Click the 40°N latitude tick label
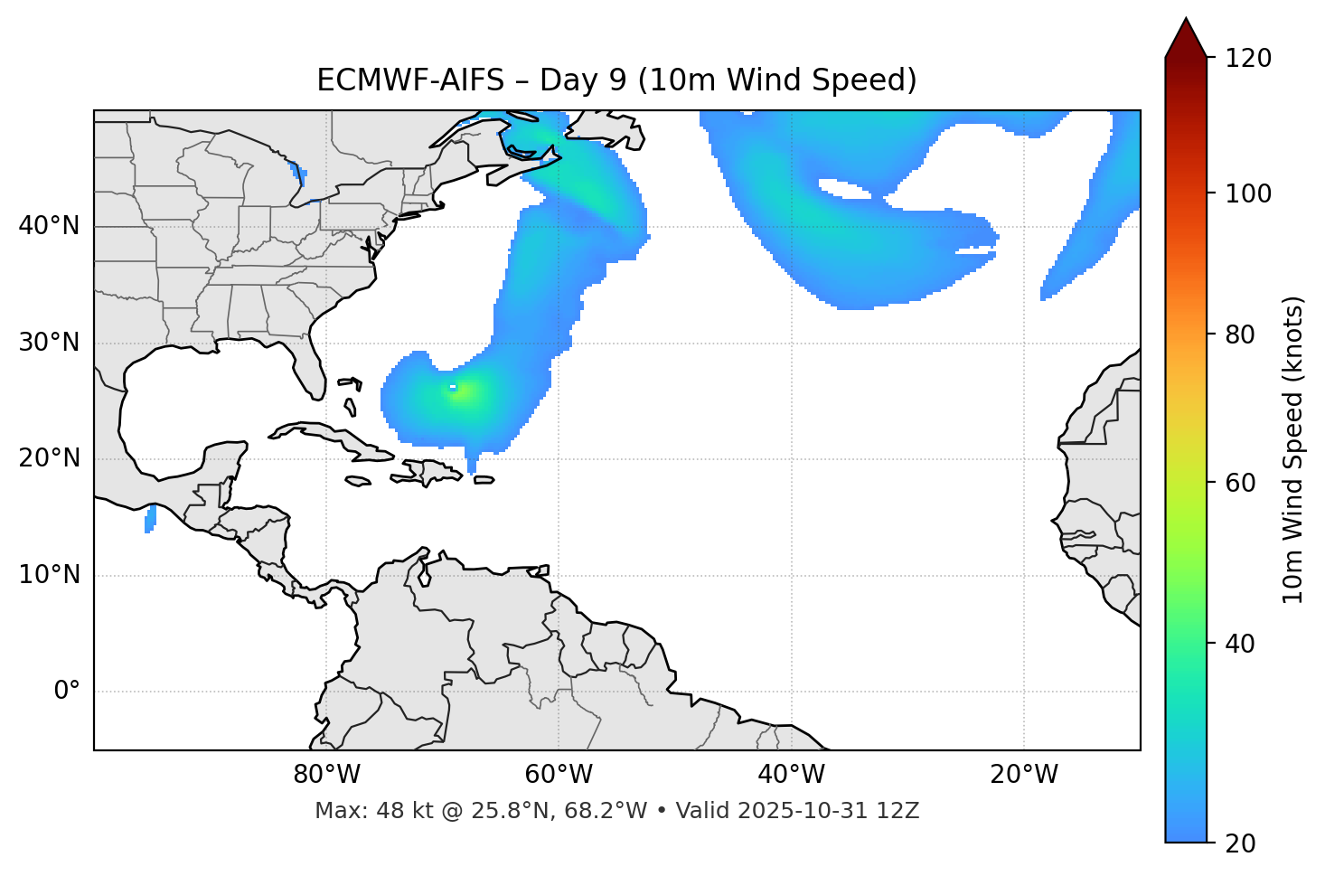pos(49,226)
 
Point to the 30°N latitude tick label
pos(49,343)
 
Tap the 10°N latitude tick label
pos(49,575)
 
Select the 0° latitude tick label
pos(67,692)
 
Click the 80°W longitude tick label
pos(326,775)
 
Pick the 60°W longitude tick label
pos(559,775)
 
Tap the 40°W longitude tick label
pos(791,775)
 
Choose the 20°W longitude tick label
pos(1023,775)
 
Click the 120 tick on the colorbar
pos(1250,59)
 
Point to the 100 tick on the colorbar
pos(1250,193)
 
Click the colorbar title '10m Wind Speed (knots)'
pos(1293,449)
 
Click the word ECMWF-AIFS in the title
pos(410,80)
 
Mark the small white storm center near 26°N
pos(453,388)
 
